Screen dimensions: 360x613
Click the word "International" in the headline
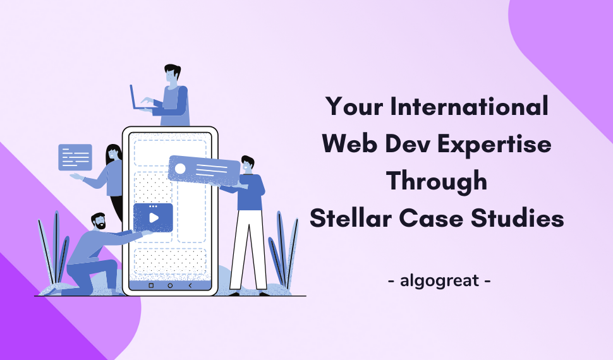tap(470, 106)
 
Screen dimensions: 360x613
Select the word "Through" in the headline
tap(437, 181)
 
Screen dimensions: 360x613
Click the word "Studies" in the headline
tap(516, 219)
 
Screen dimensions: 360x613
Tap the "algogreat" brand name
tap(439, 279)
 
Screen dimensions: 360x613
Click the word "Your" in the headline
tap(355, 106)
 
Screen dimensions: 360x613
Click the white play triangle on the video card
tap(154, 218)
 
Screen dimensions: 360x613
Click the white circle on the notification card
tap(180, 169)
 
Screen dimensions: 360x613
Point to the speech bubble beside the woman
tap(75, 157)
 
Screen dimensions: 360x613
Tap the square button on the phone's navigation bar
tap(150, 285)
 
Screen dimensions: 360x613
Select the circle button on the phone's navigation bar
tap(170, 285)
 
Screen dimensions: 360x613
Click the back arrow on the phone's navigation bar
tap(190, 285)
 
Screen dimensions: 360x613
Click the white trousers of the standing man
tap(247, 246)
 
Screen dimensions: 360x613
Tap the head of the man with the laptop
tap(171, 75)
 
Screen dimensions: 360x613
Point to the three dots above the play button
tap(153, 207)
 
